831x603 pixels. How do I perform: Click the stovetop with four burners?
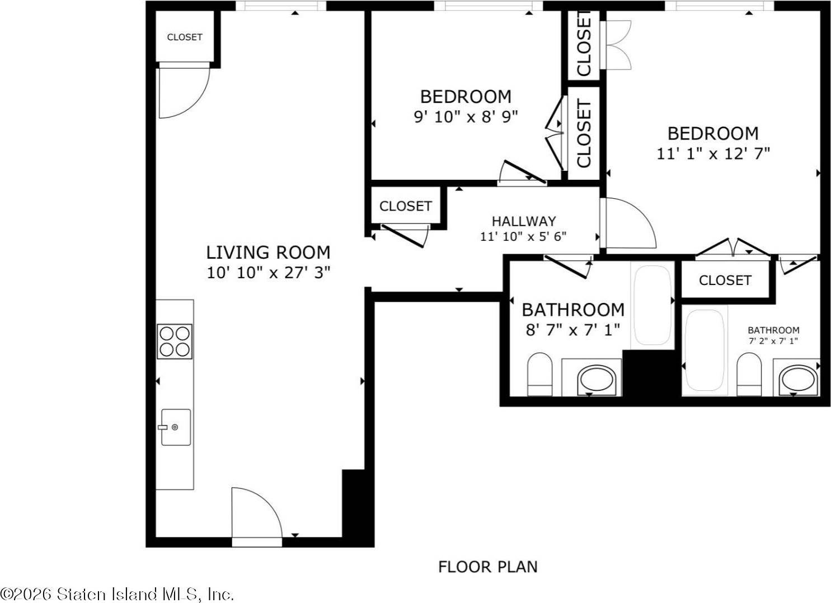pyautogui.click(x=175, y=342)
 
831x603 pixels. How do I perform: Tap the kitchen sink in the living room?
pyautogui.click(x=176, y=427)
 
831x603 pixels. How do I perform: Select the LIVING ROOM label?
pyautogui.click(x=268, y=253)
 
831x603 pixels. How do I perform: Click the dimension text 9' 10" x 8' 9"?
pyautogui.click(x=466, y=117)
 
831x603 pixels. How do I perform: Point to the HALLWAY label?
pyautogui.click(x=524, y=222)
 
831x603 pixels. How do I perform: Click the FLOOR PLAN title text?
pyautogui.click(x=488, y=567)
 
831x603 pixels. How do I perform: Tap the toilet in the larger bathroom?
pyautogui.click(x=540, y=374)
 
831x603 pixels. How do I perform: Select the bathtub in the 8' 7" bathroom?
pyautogui.click(x=652, y=305)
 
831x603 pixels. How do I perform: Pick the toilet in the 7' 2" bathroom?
pyautogui.click(x=749, y=374)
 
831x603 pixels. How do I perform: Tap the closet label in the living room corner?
pyautogui.click(x=185, y=37)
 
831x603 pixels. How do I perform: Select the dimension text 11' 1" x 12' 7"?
pyautogui.click(x=713, y=153)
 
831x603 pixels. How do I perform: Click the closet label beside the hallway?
pyautogui.click(x=406, y=206)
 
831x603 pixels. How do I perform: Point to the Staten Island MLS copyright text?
pyautogui.click(x=117, y=595)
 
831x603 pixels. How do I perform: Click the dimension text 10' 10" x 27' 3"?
pyautogui.click(x=268, y=273)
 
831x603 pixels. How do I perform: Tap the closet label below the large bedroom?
pyautogui.click(x=725, y=281)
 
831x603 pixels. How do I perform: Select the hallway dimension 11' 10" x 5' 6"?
pyautogui.click(x=523, y=236)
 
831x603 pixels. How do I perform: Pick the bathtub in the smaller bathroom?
pyautogui.click(x=705, y=350)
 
